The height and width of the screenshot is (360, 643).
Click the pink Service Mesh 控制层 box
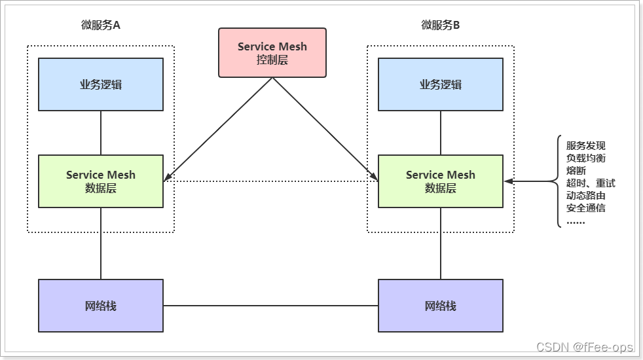(x=272, y=52)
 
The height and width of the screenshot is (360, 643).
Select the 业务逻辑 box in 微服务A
(x=100, y=84)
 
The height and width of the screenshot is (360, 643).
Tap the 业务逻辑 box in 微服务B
(x=440, y=84)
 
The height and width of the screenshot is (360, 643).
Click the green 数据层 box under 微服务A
(x=100, y=181)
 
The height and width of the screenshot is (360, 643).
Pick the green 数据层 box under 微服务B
(x=440, y=181)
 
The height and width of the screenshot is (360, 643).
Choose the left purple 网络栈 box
(x=100, y=306)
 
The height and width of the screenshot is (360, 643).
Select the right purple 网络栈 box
(x=440, y=306)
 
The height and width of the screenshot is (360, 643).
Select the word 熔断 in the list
(x=576, y=171)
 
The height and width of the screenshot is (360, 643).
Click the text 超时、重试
(x=591, y=183)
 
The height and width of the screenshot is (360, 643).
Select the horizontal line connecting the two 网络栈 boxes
(x=270, y=306)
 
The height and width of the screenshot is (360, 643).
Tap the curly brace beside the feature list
(x=559, y=181)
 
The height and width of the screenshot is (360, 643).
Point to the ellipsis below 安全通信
(x=576, y=221)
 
